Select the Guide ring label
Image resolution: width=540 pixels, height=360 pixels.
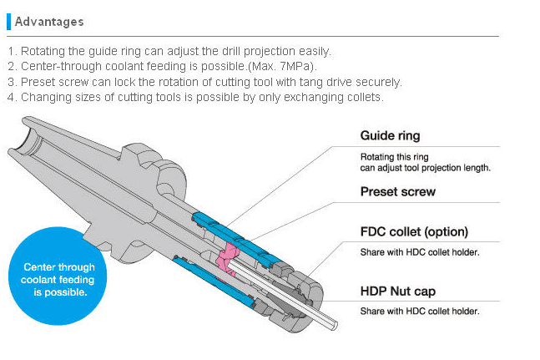390,135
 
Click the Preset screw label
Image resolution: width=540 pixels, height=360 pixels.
397,191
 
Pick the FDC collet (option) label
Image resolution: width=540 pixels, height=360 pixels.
414,231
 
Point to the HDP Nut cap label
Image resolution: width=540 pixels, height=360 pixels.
397,292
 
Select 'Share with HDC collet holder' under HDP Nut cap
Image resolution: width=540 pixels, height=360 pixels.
419,311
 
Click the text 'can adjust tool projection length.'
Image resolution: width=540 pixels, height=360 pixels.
425,167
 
